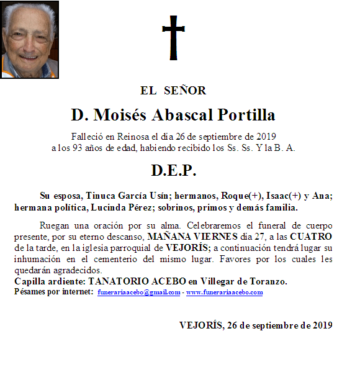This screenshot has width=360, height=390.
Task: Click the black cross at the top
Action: pos(173,37)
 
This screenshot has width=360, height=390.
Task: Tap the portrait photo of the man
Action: pos(30,39)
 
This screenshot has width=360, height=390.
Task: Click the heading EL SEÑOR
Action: pos(173,91)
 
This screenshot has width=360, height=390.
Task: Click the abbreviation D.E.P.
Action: pos(173,170)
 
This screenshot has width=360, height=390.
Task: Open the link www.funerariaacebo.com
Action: pos(225,292)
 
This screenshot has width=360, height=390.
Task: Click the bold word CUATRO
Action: pos(311,237)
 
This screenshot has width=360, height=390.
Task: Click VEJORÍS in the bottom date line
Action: pos(200,325)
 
